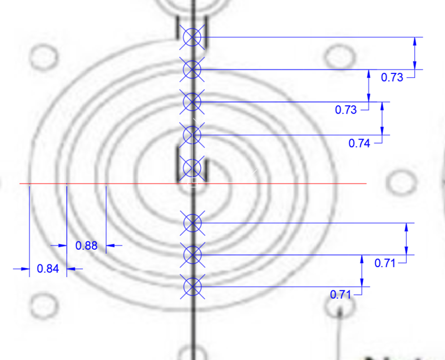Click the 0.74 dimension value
359,144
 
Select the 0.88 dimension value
86,245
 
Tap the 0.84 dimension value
48,269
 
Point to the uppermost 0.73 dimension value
392,77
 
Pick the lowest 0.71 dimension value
340,295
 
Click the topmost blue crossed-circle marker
192,37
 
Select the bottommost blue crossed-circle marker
192,287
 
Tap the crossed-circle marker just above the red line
192,168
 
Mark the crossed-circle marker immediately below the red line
192,223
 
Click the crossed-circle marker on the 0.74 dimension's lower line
192,135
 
